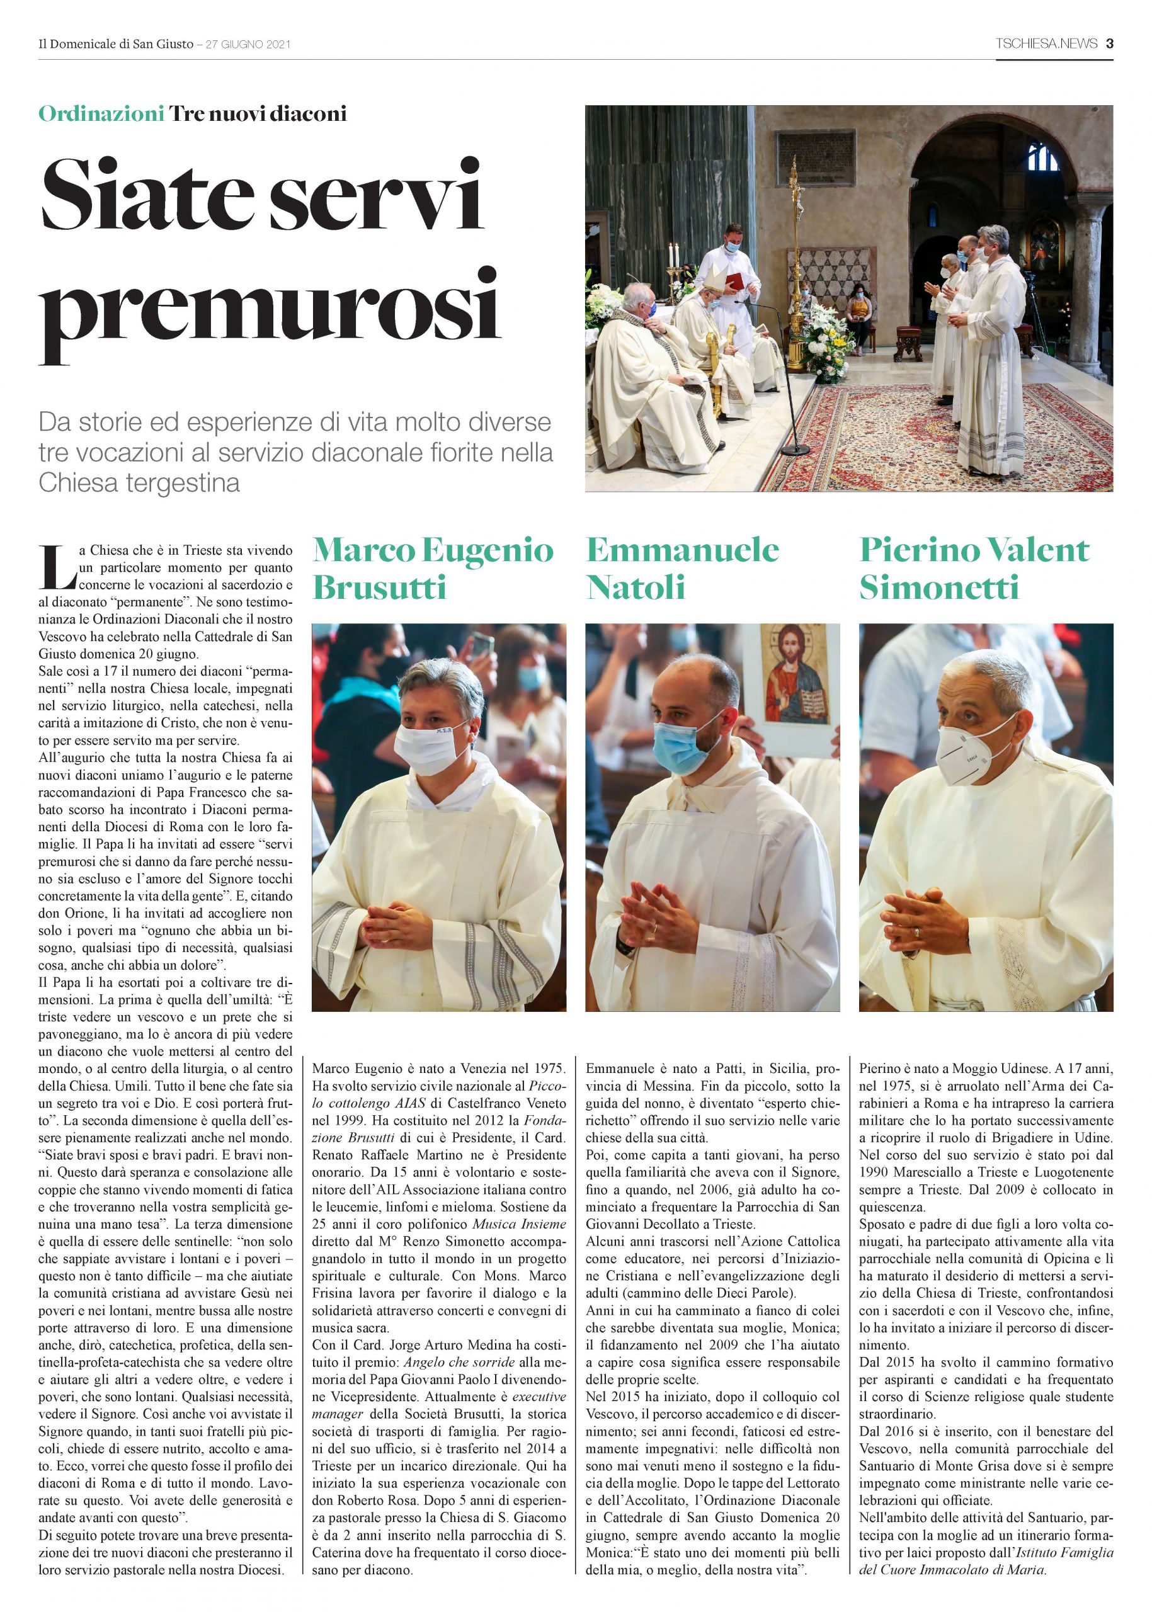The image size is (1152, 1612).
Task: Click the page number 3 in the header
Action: [x=1109, y=44]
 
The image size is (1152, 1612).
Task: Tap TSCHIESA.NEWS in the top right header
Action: [x=1046, y=44]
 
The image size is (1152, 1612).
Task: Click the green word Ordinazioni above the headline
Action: [x=101, y=113]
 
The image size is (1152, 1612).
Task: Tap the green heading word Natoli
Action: [x=636, y=587]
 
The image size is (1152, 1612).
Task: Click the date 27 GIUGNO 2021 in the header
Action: [x=248, y=45]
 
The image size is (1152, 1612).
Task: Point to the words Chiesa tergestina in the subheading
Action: [x=139, y=483]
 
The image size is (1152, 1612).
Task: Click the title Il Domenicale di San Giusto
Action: [x=116, y=45]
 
